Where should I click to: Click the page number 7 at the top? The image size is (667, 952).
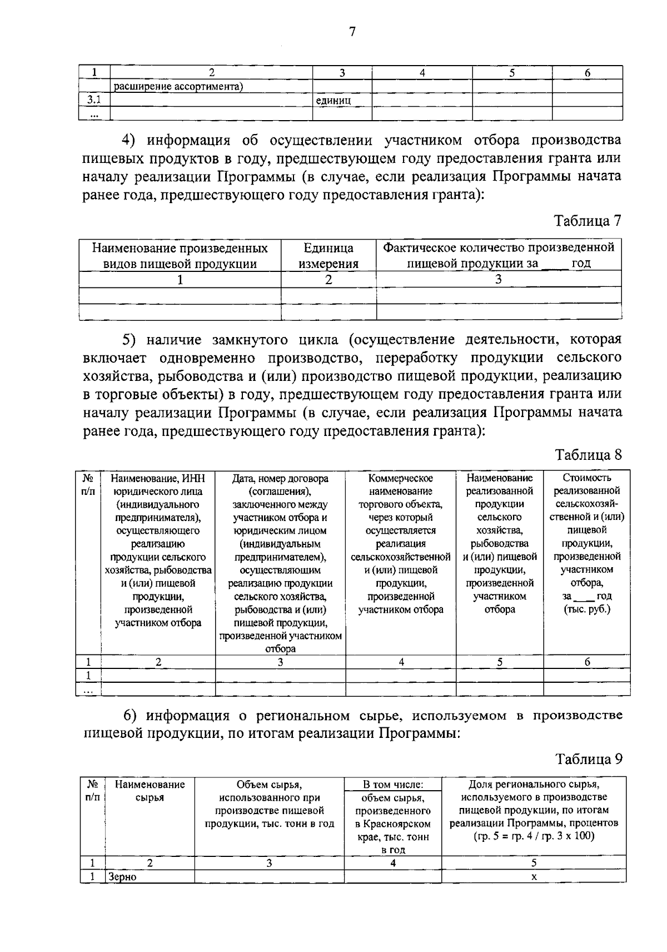(x=351, y=32)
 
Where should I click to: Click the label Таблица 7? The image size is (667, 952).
(x=588, y=221)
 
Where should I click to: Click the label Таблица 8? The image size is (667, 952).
(x=589, y=455)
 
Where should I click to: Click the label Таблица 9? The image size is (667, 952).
(x=589, y=759)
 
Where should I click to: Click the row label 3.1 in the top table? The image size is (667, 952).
(x=93, y=101)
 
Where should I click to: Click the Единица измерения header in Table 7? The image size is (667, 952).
(x=328, y=256)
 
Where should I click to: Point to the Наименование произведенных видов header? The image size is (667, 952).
(x=180, y=256)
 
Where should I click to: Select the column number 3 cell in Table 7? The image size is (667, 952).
(x=498, y=280)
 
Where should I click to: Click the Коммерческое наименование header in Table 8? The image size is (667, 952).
(x=401, y=543)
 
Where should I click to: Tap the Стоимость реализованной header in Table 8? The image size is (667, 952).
(x=587, y=543)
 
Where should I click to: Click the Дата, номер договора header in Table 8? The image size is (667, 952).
(x=280, y=563)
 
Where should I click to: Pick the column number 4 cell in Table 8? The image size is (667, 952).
(x=401, y=662)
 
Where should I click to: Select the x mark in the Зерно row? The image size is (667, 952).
(x=534, y=877)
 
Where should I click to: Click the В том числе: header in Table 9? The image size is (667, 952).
(x=393, y=785)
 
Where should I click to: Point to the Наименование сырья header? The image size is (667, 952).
(x=150, y=791)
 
